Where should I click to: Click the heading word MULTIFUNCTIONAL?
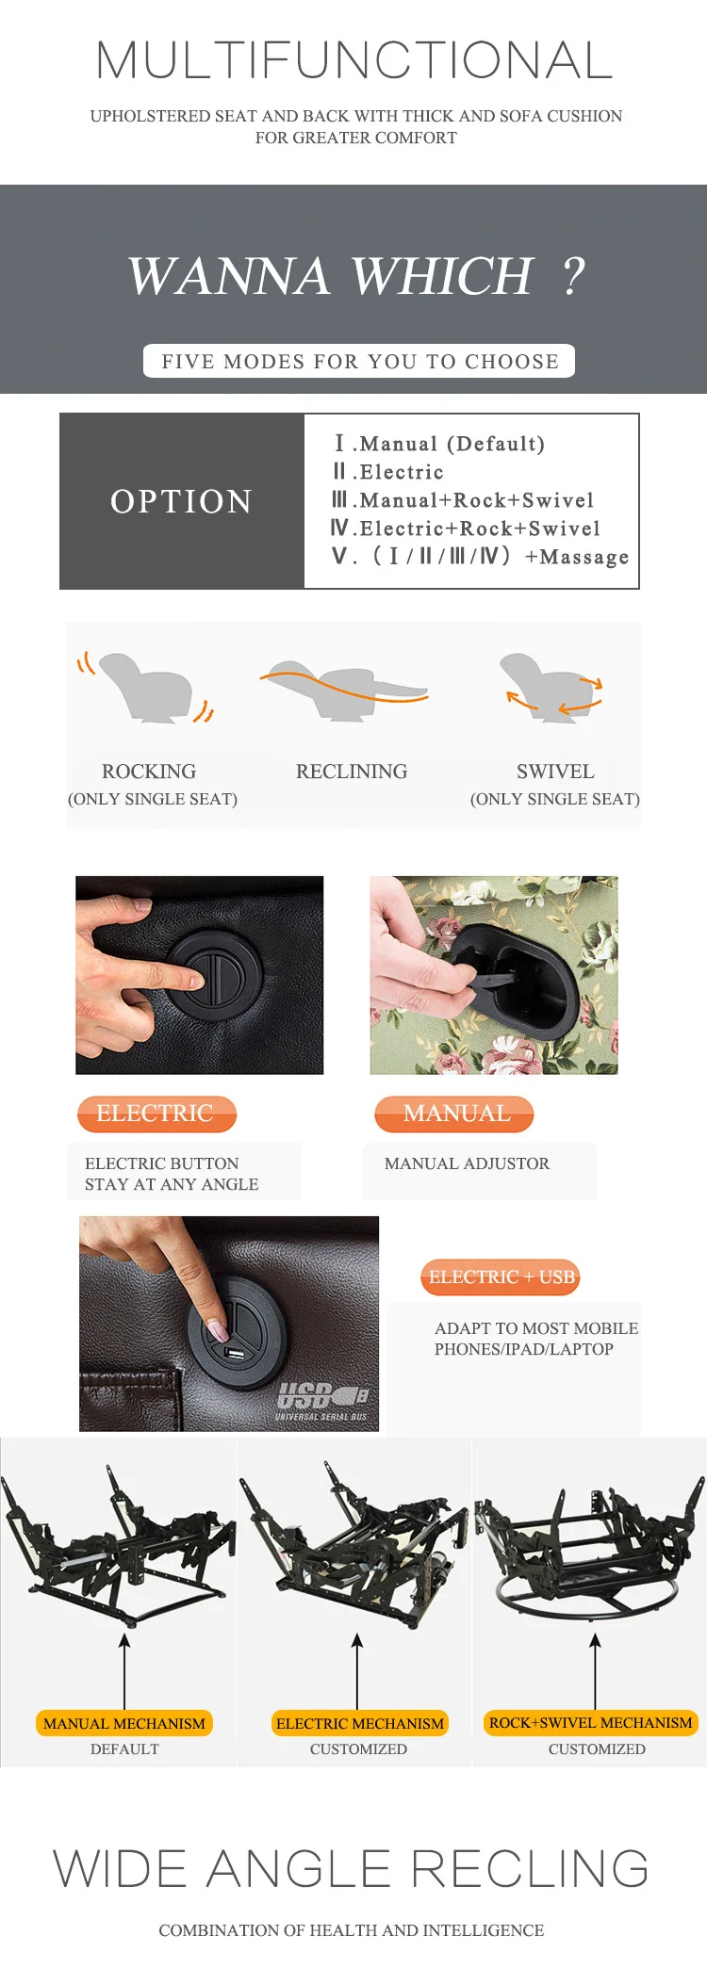tap(354, 60)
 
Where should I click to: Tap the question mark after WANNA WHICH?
tap(573, 276)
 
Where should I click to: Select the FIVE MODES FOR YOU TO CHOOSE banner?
tap(359, 361)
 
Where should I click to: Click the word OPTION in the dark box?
tap(181, 501)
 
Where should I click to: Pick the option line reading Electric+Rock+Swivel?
tap(466, 529)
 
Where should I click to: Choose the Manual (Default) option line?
tap(439, 444)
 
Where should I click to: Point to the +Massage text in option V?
tap(577, 557)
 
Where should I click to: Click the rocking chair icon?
tap(146, 688)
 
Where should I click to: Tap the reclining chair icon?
tap(344, 691)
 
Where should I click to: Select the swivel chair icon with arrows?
tap(551, 688)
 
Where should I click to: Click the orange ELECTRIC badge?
tap(156, 1114)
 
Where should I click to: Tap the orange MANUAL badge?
tap(454, 1114)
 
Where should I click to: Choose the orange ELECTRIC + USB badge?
tap(501, 1277)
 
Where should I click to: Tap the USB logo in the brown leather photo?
tap(321, 1400)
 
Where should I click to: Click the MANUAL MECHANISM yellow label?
tap(124, 1723)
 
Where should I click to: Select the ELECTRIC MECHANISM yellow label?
tap(359, 1723)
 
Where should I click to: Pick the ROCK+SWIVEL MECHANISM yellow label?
tap(591, 1722)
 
